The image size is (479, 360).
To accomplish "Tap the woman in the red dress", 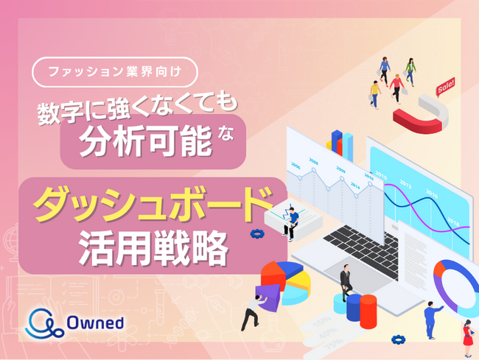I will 466,339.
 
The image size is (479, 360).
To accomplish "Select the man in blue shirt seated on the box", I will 292,220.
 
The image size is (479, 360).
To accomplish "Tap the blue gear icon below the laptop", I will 399,341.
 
